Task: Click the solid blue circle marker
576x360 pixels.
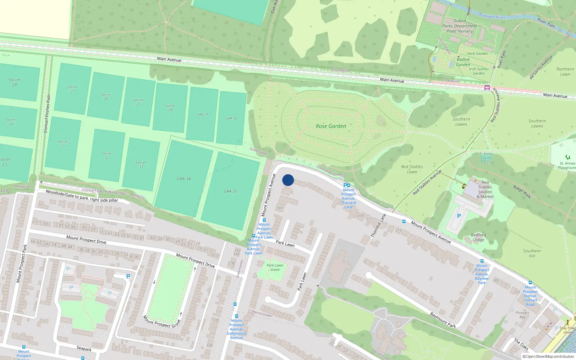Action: [x=288, y=180]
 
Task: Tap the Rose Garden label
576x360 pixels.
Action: [x=331, y=126]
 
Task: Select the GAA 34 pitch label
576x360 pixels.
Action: [x=184, y=179]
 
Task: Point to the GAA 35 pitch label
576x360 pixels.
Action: [x=230, y=191]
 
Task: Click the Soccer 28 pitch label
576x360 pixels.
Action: [x=170, y=108]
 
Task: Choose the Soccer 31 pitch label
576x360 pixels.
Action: [x=63, y=144]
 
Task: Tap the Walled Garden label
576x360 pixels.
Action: [x=463, y=62]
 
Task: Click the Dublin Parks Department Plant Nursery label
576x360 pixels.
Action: [x=459, y=26]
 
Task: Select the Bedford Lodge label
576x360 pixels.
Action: [x=478, y=237]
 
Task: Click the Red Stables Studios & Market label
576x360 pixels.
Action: [x=485, y=189]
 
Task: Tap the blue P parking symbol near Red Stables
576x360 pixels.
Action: [x=459, y=216]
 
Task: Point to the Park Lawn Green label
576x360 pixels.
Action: [x=275, y=267]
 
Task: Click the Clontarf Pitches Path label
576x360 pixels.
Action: [x=47, y=114]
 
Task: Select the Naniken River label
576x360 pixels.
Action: [x=492, y=16]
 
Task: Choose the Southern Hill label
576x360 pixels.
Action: [x=532, y=253]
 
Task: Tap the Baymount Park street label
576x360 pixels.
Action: [x=443, y=320]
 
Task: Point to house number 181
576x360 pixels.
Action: [x=280, y=208]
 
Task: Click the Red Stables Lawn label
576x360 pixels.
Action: [x=412, y=169]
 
